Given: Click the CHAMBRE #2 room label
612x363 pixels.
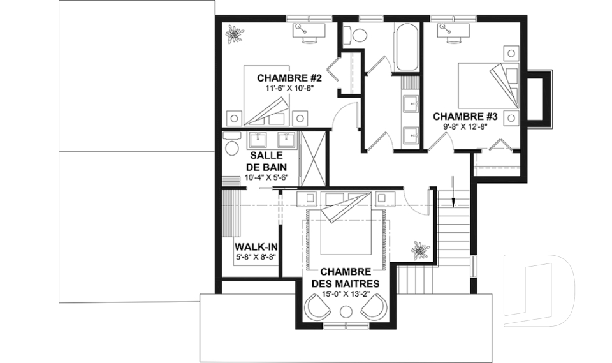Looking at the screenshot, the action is pyautogui.click(x=289, y=78).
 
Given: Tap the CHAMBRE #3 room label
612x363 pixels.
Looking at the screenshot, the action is pyautogui.click(x=465, y=117).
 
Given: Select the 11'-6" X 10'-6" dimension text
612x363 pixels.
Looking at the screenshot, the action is pyautogui.click(x=289, y=88).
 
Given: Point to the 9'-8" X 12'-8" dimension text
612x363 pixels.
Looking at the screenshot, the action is pyautogui.click(x=465, y=126).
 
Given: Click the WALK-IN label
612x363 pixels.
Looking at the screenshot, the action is pyautogui.click(x=256, y=247).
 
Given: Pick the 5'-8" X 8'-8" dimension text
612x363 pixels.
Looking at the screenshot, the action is pyautogui.click(x=256, y=257).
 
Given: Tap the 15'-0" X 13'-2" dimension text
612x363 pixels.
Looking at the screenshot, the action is pyautogui.click(x=346, y=294).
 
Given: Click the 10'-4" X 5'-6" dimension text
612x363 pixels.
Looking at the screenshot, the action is pyautogui.click(x=266, y=177).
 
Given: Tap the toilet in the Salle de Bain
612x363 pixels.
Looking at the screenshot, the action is pyautogui.click(x=231, y=144).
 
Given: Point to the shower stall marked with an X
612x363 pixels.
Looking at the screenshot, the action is pyautogui.click(x=314, y=158).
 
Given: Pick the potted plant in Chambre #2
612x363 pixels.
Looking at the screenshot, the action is pyautogui.click(x=235, y=34).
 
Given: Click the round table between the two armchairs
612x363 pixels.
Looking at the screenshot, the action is pyautogui.click(x=346, y=312).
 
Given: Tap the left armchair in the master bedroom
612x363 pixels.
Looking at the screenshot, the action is pyautogui.click(x=319, y=306).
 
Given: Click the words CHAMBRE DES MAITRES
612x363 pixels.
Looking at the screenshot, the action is pyautogui.click(x=346, y=278).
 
